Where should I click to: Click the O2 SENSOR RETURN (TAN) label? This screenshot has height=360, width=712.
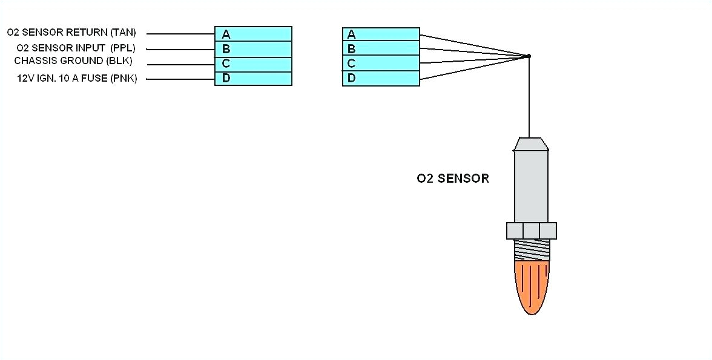(x=71, y=32)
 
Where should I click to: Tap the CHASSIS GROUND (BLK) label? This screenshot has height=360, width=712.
(x=73, y=61)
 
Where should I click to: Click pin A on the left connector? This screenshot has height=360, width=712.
(x=253, y=34)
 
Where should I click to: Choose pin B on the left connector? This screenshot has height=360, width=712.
(x=253, y=49)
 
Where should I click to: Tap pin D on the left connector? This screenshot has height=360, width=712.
(x=253, y=79)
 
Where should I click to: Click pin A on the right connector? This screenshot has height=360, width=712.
(x=381, y=34)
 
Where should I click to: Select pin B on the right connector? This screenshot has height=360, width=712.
(x=381, y=49)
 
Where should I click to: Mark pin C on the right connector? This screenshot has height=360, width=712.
(x=381, y=64)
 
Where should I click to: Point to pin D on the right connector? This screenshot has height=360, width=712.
(x=381, y=79)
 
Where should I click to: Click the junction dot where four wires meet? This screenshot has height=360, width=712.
(x=529, y=56)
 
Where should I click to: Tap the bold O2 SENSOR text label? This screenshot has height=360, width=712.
(x=452, y=178)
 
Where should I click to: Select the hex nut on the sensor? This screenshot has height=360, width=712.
(x=531, y=231)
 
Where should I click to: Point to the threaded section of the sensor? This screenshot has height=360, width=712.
(x=532, y=249)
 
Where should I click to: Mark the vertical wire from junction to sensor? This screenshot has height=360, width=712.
(x=529, y=97)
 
